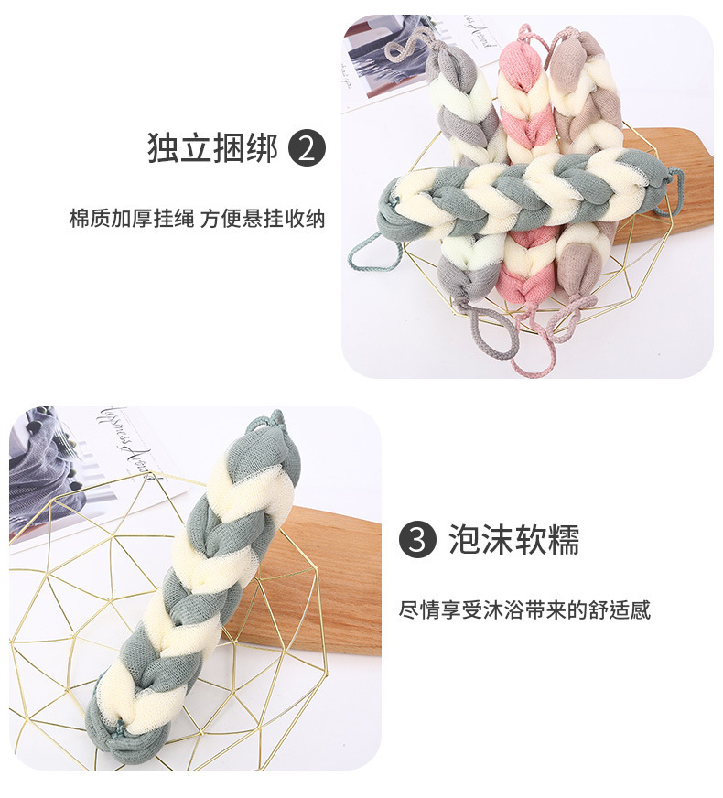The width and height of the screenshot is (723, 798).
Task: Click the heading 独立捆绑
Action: [x=211, y=148]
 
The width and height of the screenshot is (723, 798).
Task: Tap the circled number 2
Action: [x=307, y=148]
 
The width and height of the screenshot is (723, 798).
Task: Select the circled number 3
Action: [x=417, y=540]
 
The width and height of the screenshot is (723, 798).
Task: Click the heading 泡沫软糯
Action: [x=513, y=540]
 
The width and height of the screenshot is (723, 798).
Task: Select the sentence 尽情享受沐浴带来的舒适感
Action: [x=524, y=609]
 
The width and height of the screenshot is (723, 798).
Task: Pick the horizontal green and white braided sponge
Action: [x=522, y=190]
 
